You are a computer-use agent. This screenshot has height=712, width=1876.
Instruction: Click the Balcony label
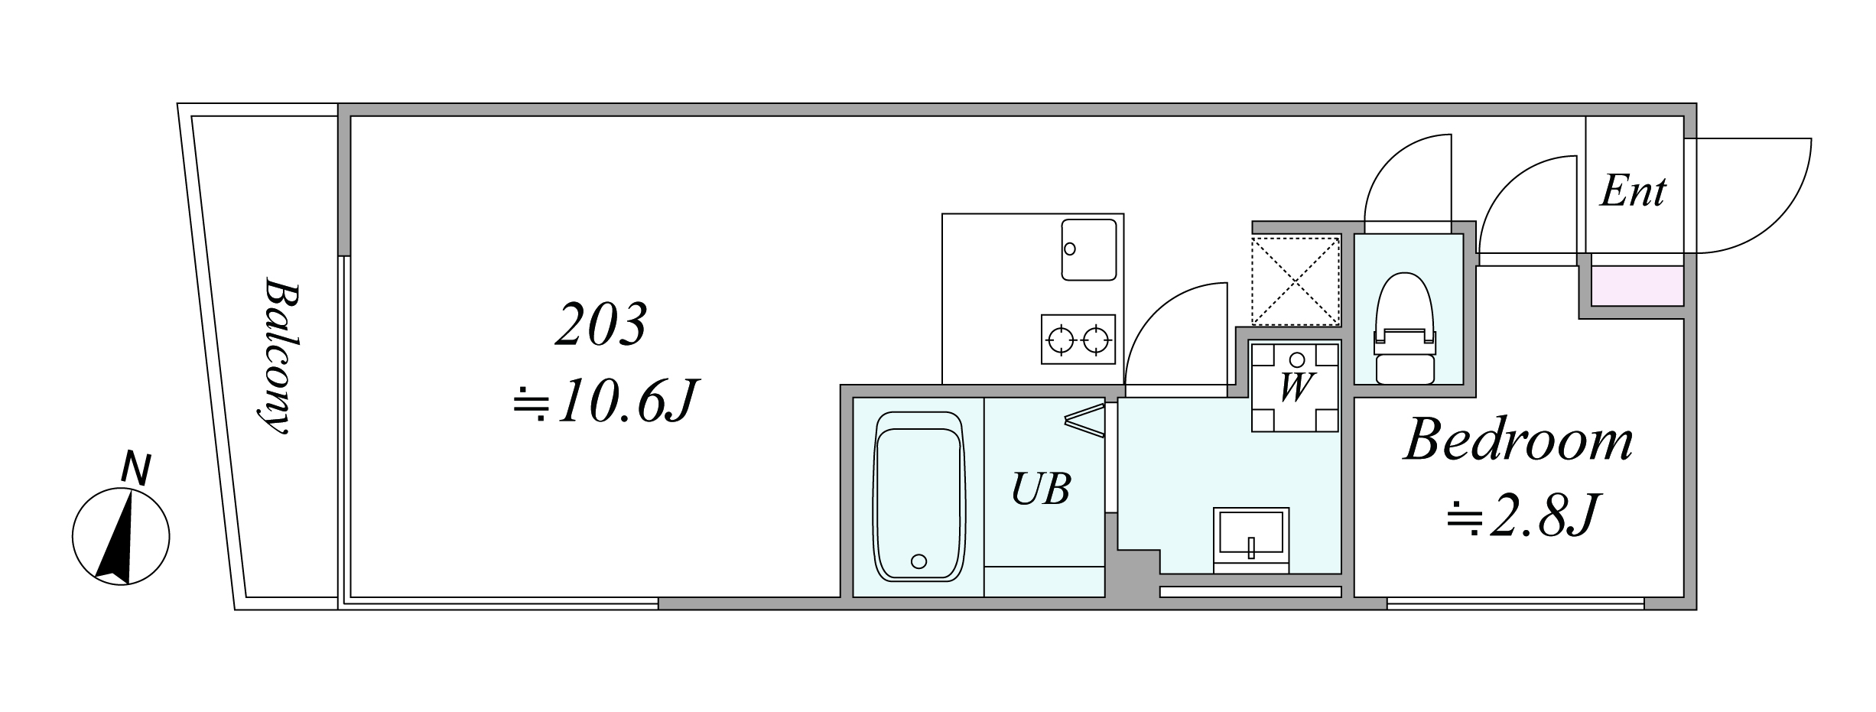coord(277,356)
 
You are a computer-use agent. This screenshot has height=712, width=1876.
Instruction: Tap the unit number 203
coord(601,325)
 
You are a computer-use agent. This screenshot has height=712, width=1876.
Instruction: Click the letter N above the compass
coord(136,469)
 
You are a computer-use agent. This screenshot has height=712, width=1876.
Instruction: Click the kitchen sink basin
coord(1088,249)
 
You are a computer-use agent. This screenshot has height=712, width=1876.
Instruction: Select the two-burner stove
coord(1078,339)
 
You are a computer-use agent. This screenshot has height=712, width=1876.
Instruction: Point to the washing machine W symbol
coord(1295,387)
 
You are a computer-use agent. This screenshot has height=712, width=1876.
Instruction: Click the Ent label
coord(1633,191)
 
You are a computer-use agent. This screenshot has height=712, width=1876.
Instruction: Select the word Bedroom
coord(1519,441)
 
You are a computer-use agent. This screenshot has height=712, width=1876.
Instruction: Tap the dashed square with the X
coord(1296,281)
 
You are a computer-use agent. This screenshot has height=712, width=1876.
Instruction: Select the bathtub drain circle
coord(919,562)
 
